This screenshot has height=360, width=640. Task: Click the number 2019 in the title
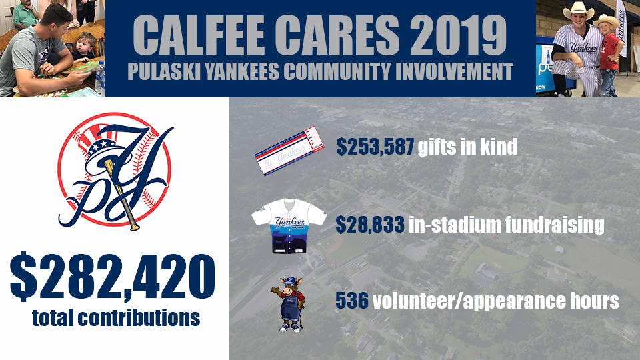(x=457, y=34)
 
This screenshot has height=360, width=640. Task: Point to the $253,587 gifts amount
(x=375, y=147)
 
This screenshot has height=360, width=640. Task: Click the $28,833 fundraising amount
(x=370, y=225)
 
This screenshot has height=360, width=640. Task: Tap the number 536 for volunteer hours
(x=352, y=301)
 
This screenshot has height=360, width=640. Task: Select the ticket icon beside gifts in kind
(x=289, y=151)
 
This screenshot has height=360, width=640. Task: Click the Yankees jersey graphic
(x=289, y=226)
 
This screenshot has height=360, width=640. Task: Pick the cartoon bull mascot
(x=289, y=304)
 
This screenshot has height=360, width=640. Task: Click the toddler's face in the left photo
(x=87, y=44)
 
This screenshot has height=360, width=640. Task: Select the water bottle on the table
(x=99, y=77)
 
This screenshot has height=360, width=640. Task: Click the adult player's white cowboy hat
(x=579, y=10)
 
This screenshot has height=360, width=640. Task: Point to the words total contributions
(x=116, y=318)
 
